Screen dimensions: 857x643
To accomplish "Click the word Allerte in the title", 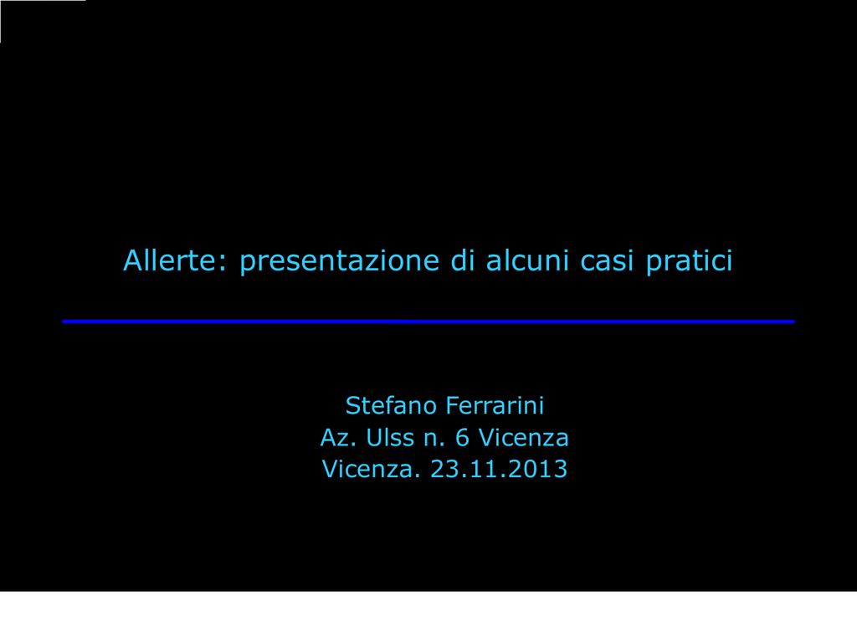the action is click(x=169, y=260).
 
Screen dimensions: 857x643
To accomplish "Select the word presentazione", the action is click(x=340, y=262).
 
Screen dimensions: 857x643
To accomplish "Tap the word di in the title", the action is click(x=462, y=260).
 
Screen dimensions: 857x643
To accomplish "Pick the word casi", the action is click(x=607, y=261).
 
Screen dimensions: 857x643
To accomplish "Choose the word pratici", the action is click(x=689, y=262).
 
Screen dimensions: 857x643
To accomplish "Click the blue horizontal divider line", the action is click(x=428, y=321).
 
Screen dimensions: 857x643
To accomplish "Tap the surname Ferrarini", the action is click(x=495, y=405).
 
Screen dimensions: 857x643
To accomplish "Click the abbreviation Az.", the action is click(x=338, y=437).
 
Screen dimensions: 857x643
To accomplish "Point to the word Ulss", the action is click(x=390, y=437).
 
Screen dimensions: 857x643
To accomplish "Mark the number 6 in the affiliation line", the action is click(x=462, y=437).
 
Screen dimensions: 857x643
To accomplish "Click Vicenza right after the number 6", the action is click(x=524, y=437).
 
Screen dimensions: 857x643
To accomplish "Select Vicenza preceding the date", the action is click(x=371, y=469).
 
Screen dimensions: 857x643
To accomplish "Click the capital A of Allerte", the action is click(x=133, y=260).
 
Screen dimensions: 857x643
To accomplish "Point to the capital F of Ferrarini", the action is click(x=453, y=405).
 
